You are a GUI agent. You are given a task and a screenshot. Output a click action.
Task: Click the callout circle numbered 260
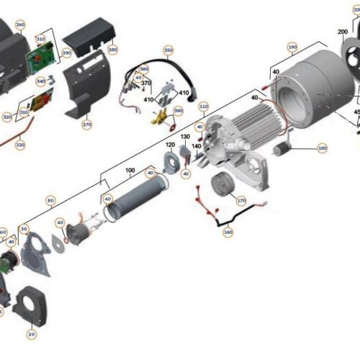point(19,24)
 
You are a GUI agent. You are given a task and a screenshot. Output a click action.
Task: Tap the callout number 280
point(112,50)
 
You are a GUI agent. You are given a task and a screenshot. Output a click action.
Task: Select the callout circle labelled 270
point(87,125)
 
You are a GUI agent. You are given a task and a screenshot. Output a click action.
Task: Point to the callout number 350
point(168,50)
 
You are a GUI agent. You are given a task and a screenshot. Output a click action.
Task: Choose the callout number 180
point(322,148)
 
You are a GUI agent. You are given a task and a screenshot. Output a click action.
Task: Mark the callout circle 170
point(241,201)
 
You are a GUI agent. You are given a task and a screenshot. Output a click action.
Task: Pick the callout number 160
point(228,233)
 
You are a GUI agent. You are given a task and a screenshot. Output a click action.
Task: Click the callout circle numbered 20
point(32,334)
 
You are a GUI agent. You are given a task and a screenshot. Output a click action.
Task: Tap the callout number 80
point(50,201)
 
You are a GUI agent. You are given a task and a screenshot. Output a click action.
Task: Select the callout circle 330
point(20,145)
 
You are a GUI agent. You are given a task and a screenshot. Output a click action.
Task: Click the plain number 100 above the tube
point(130,171)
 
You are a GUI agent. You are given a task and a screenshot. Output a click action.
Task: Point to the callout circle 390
point(178,111)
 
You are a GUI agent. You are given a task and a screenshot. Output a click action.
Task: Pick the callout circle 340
point(40,81)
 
